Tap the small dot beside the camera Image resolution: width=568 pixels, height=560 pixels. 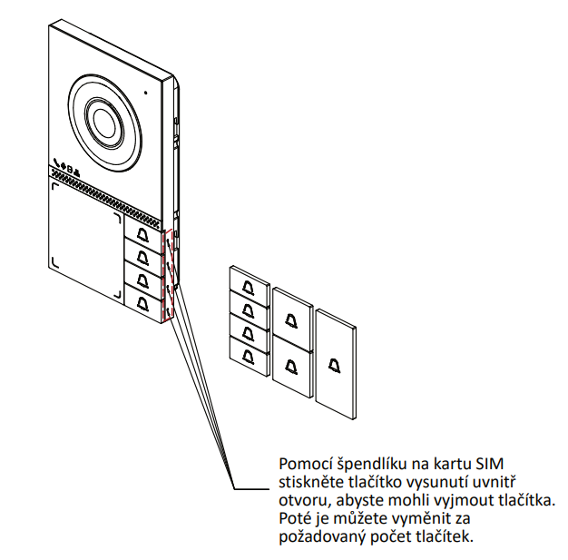click(143, 92)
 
